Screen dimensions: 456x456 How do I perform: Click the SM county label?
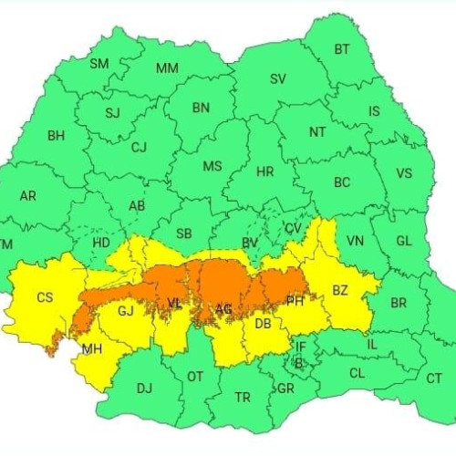tap(99, 64)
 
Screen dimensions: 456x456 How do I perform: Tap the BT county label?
tap(342, 49)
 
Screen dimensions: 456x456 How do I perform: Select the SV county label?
tap(278, 78)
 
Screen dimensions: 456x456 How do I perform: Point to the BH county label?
tap(57, 136)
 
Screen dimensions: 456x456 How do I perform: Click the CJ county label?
tap(139, 147)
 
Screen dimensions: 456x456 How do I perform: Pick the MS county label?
tap(212, 166)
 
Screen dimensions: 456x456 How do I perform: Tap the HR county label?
tap(265, 171)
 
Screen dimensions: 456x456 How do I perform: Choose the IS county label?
tap(374, 111)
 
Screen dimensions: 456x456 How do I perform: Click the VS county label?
tap(404, 173)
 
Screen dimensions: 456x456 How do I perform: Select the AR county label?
tap(28, 196)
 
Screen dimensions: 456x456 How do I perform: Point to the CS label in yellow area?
tap(45, 296)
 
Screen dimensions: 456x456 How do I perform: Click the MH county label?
tap(92, 349)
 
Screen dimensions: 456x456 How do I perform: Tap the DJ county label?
tap(144, 389)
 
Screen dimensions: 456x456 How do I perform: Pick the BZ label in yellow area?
tap(340, 291)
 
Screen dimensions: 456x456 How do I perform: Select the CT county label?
tap(434, 377)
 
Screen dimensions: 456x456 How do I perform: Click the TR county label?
tap(243, 398)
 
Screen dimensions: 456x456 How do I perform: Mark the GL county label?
tap(404, 243)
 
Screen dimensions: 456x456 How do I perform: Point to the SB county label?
tap(184, 233)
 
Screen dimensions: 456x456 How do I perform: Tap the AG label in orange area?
tap(223, 311)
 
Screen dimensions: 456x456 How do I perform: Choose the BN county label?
tap(201, 107)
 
